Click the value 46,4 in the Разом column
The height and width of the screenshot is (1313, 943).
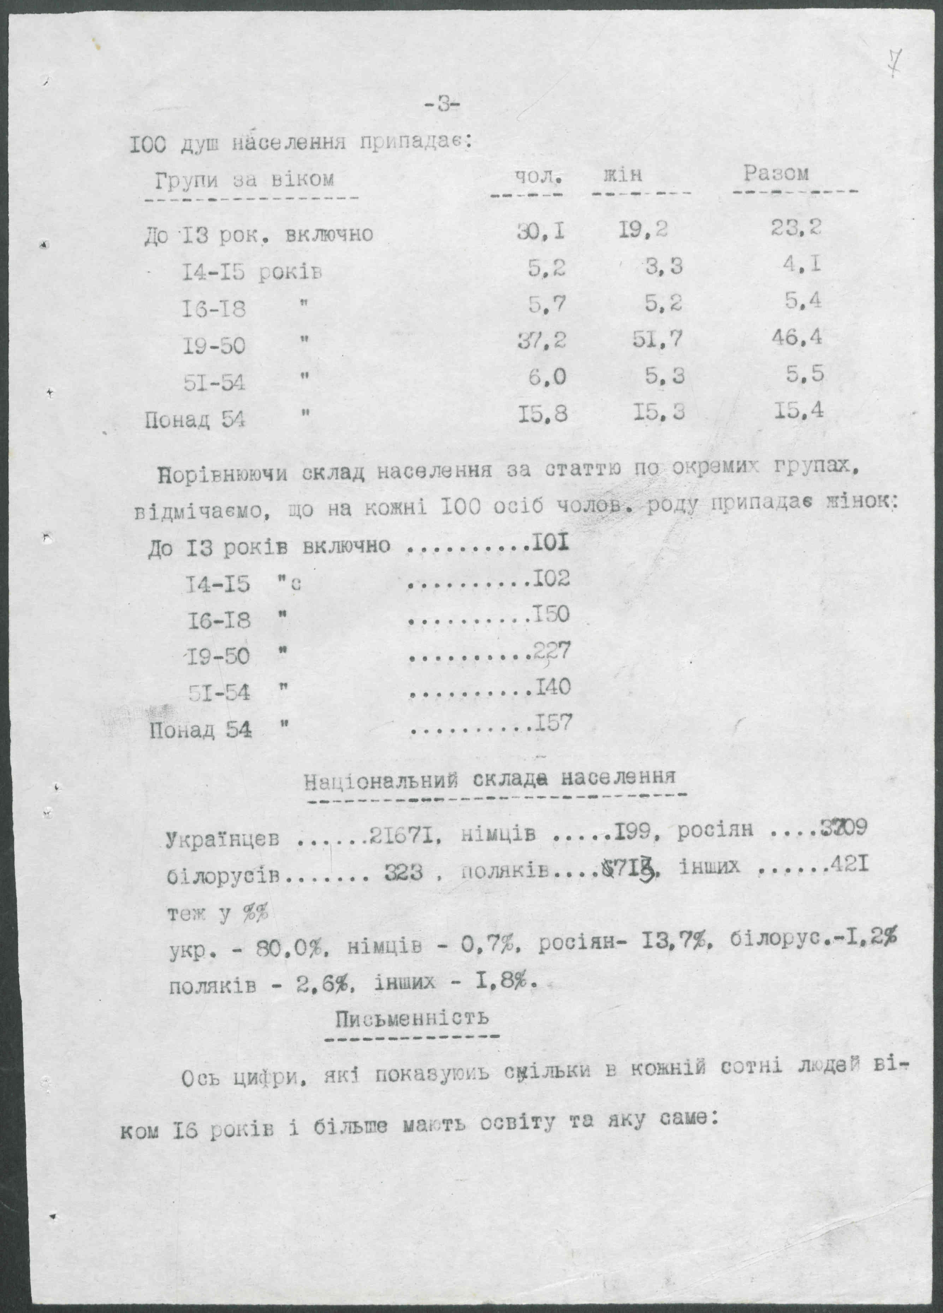click(x=796, y=337)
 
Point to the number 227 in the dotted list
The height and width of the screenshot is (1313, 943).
click(x=552, y=652)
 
